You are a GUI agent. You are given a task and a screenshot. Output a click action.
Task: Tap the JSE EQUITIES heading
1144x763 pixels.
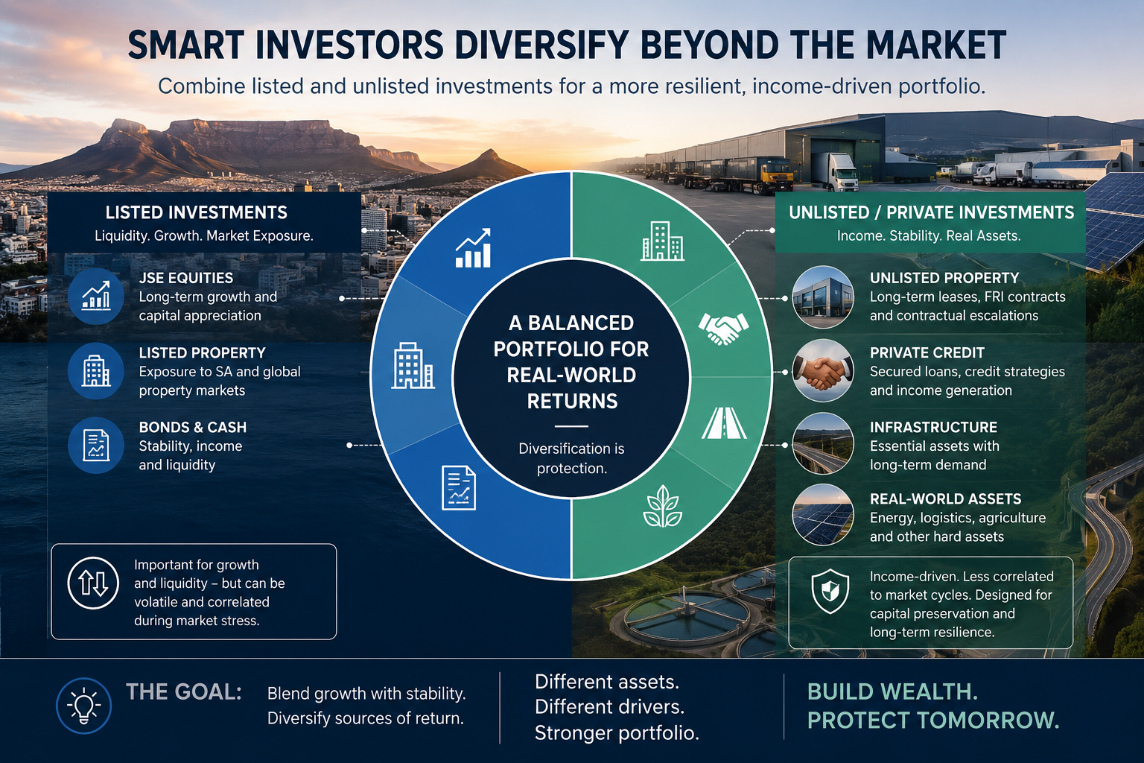coord(186,278)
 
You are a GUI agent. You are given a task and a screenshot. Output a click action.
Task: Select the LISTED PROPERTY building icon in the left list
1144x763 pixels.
coord(96,370)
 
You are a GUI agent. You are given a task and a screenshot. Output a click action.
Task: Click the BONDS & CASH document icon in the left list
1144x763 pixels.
coord(96,445)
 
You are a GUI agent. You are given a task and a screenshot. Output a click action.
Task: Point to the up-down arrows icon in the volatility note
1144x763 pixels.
coord(93,583)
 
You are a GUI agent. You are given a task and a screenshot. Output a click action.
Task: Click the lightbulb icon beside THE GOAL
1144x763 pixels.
coord(83,706)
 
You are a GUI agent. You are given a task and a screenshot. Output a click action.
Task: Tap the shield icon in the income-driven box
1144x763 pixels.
coord(830,591)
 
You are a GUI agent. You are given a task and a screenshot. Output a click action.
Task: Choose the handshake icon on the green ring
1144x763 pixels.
coord(724,328)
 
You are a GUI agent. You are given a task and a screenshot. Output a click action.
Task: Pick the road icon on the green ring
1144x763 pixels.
coord(724,423)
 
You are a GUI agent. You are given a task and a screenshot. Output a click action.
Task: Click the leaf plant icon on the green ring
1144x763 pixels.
coord(662,506)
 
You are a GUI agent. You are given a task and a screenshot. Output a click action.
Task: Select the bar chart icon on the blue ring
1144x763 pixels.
coord(474,248)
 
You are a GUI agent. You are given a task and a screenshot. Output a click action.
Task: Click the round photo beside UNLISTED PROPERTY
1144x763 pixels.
coord(823,297)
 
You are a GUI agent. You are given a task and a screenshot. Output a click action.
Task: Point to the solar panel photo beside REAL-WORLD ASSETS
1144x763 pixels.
coord(823,515)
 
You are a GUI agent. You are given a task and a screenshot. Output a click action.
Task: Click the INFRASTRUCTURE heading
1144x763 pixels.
coord(933,427)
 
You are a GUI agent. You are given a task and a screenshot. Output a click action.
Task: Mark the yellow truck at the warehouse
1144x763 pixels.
coord(775,174)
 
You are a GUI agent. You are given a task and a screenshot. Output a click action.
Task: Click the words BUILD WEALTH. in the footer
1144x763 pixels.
coord(893,692)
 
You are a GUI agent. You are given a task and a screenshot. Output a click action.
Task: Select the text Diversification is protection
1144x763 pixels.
coord(571,458)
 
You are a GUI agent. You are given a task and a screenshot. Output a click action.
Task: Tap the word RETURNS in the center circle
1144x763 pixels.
coord(572,402)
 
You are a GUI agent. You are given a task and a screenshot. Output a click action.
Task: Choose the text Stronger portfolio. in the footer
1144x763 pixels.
coord(617,733)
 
